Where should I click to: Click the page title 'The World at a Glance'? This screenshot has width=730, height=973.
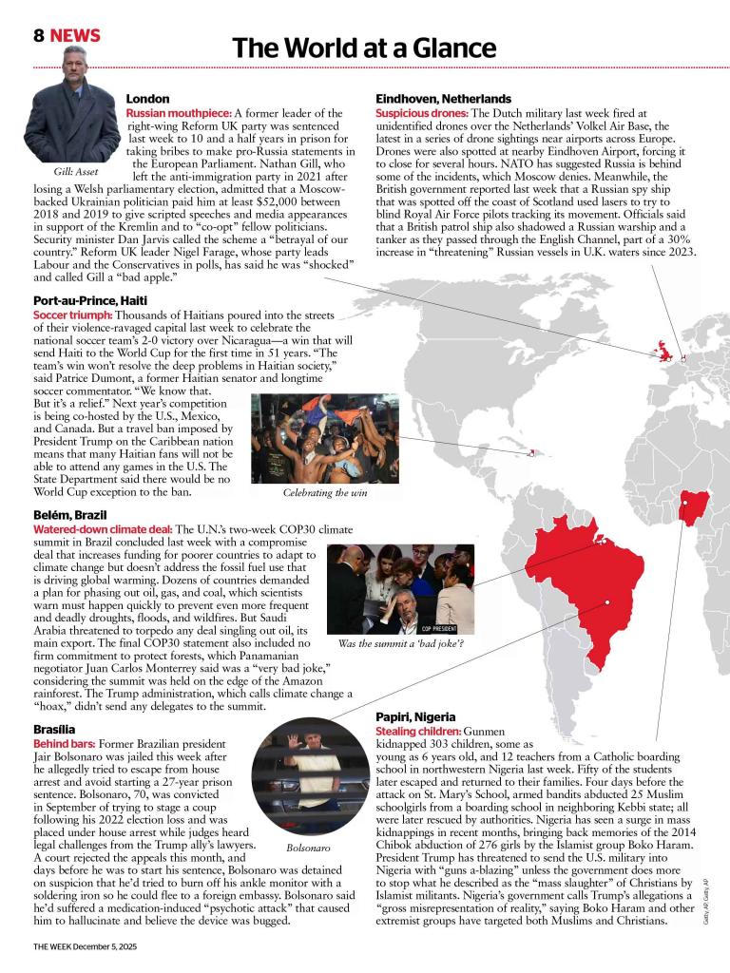point(364,48)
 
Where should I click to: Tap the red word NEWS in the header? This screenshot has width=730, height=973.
point(75,36)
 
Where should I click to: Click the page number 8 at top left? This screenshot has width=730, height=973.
point(39,36)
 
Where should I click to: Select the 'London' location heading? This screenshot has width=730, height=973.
point(147,99)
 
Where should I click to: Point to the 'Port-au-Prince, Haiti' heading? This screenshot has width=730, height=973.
point(89,300)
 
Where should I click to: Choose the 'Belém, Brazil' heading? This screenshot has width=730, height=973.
point(71,514)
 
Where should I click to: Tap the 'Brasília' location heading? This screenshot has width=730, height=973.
point(55,728)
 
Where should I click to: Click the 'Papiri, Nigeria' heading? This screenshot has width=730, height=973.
point(415,716)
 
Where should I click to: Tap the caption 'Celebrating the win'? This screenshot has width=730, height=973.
point(325,493)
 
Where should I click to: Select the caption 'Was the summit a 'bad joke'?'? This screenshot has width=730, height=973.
point(400,643)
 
